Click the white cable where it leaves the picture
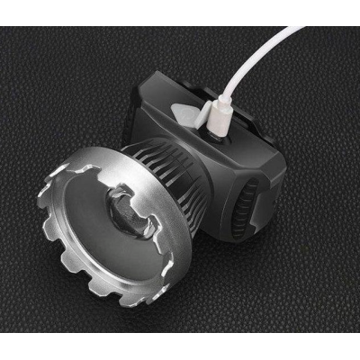pos(304,30)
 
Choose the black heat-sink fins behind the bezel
pos(166,166)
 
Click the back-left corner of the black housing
pos(145,85)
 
